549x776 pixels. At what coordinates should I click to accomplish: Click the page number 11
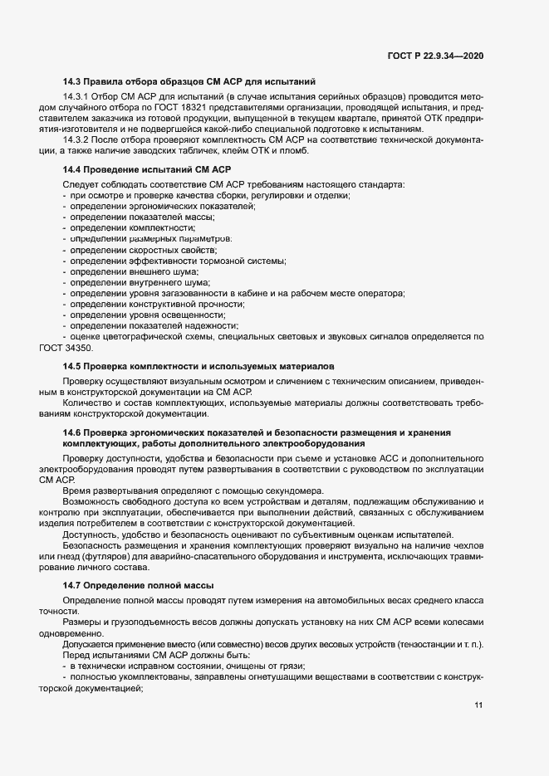click(478, 705)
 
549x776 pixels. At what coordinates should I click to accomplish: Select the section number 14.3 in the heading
click(71, 81)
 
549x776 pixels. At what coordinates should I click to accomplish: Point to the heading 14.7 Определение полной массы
click(139, 586)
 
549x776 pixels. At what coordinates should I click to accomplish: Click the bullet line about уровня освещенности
click(148, 315)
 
